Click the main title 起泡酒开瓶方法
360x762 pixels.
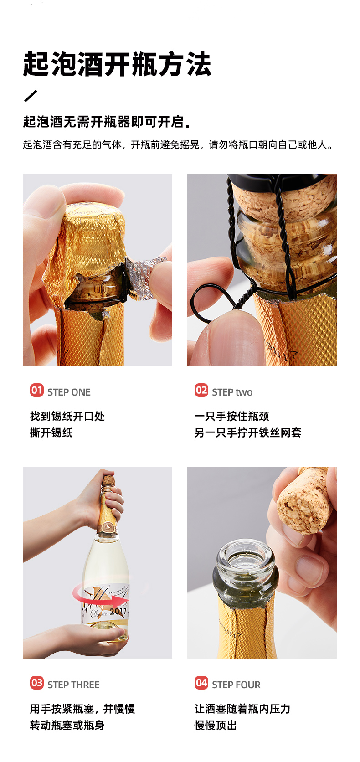click(117, 64)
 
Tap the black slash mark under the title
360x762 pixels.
click(31, 96)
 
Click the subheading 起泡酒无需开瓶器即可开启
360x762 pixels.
click(106, 121)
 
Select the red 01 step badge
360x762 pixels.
click(37, 390)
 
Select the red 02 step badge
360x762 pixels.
click(201, 390)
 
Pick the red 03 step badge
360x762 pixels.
click(37, 683)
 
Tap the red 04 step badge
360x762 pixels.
click(201, 683)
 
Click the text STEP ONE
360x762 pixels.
click(69, 392)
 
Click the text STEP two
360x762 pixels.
click(232, 392)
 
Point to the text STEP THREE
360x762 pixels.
click(73, 685)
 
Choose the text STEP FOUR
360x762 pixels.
click(236, 685)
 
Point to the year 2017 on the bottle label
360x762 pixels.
click(118, 611)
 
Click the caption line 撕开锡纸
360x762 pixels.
click(51, 432)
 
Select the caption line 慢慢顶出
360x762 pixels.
click(216, 725)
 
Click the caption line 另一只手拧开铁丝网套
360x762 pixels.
click(248, 432)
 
